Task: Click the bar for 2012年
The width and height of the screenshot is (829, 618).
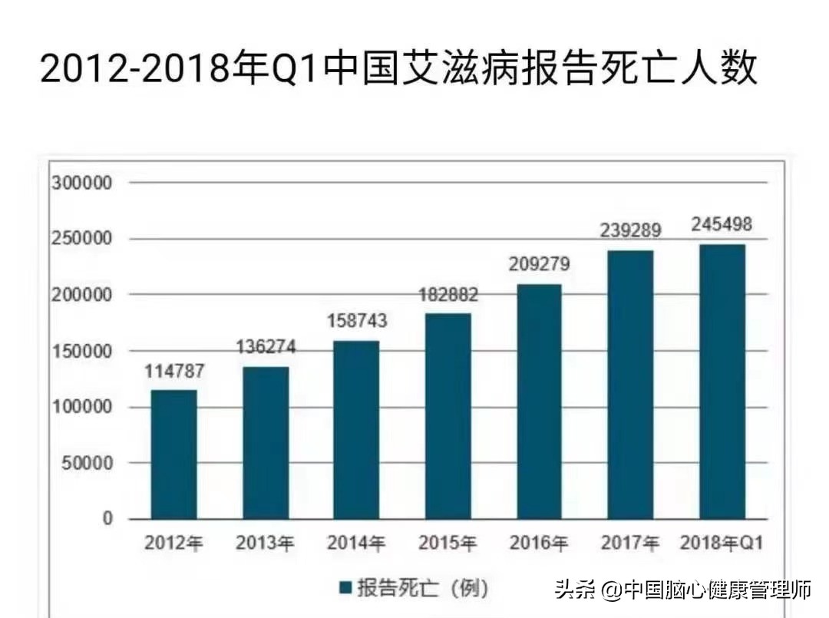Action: pos(173,454)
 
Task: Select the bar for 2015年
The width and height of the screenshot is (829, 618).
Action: pos(448,416)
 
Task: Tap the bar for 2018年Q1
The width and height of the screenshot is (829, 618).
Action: pos(722,382)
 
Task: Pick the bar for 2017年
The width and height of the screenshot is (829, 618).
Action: pos(630,385)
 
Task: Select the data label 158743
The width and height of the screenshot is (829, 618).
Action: pos(356,321)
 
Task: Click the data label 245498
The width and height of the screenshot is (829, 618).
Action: pos(722,225)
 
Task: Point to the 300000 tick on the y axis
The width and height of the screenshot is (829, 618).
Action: pos(82,183)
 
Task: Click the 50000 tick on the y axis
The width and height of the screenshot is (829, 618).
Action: pos(87,463)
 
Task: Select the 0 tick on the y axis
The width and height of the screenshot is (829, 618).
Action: pos(107,519)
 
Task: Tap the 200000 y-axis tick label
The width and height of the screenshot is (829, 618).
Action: pos(82,295)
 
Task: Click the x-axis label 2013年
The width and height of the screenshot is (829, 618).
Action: pos(265,544)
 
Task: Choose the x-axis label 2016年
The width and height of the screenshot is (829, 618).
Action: pos(539,544)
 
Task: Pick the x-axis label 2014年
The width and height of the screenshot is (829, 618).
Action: pos(356,544)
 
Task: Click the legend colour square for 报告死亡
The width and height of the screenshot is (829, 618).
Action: pos(345,589)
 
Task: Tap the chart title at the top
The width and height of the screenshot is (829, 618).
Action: pos(398,69)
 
